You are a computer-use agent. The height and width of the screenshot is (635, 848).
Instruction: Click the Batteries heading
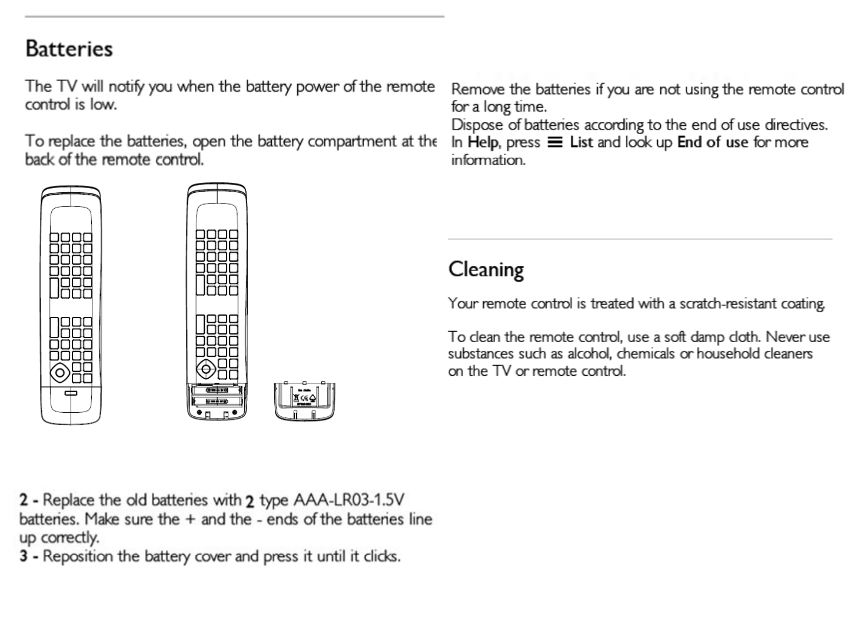[x=69, y=49]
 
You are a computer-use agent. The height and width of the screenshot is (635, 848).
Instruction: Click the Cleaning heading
[x=485, y=269]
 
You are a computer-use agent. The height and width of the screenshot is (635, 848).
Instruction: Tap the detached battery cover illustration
[x=304, y=401]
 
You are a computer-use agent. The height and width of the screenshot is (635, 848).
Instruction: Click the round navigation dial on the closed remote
[x=59, y=372]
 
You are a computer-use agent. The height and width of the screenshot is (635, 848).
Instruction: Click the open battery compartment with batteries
[x=217, y=396]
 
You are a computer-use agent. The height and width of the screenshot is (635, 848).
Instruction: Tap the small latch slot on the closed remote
[x=70, y=393]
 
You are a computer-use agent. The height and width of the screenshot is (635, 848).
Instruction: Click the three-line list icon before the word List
[x=554, y=142]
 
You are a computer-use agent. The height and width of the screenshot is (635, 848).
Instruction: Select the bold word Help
[x=483, y=142]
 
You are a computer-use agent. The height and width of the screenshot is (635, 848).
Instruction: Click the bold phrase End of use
[x=713, y=142]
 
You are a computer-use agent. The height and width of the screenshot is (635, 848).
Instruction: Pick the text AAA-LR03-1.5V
[x=348, y=500]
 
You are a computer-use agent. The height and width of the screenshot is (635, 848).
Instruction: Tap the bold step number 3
[x=24, y=556]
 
